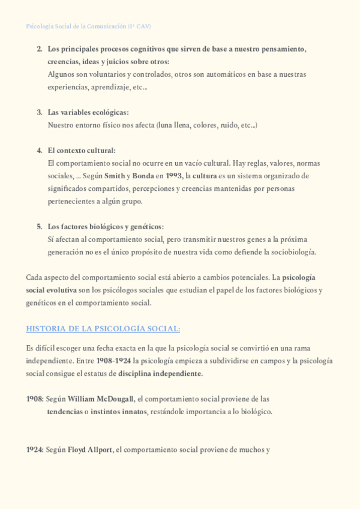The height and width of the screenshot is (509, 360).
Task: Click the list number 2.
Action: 40,48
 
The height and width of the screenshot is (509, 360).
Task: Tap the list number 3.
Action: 40,112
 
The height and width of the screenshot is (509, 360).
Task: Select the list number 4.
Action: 40,150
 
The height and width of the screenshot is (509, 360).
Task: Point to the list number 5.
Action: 40,226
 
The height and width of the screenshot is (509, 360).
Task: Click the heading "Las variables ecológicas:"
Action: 88,112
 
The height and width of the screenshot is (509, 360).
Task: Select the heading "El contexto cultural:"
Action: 82,150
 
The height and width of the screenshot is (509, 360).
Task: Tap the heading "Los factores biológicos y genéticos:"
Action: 106,226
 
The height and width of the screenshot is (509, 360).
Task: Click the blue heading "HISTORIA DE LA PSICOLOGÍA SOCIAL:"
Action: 103,328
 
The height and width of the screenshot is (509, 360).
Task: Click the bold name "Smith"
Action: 114,176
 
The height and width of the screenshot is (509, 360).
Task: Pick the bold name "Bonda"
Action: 143,176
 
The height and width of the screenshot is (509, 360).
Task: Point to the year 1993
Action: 173,176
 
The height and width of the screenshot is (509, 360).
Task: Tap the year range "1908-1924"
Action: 114,361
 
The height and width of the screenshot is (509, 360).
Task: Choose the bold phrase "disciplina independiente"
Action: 160,373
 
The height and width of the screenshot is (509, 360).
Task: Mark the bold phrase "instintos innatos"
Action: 119,412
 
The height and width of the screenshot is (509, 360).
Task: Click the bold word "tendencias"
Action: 65,412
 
